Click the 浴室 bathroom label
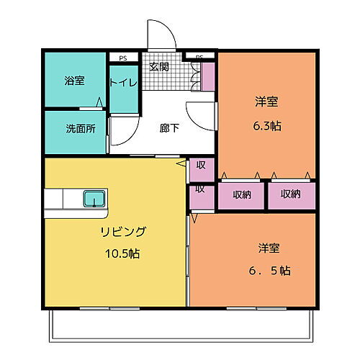[x=74, y=81]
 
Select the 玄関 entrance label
[x=159, y=67]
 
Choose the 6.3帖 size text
[x=266, y=125]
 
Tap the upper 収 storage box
[x=201, y=166]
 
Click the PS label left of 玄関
[x=123, y=56]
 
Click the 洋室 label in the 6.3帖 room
[x=266, y=103]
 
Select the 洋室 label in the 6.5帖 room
[x=270, y=248]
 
